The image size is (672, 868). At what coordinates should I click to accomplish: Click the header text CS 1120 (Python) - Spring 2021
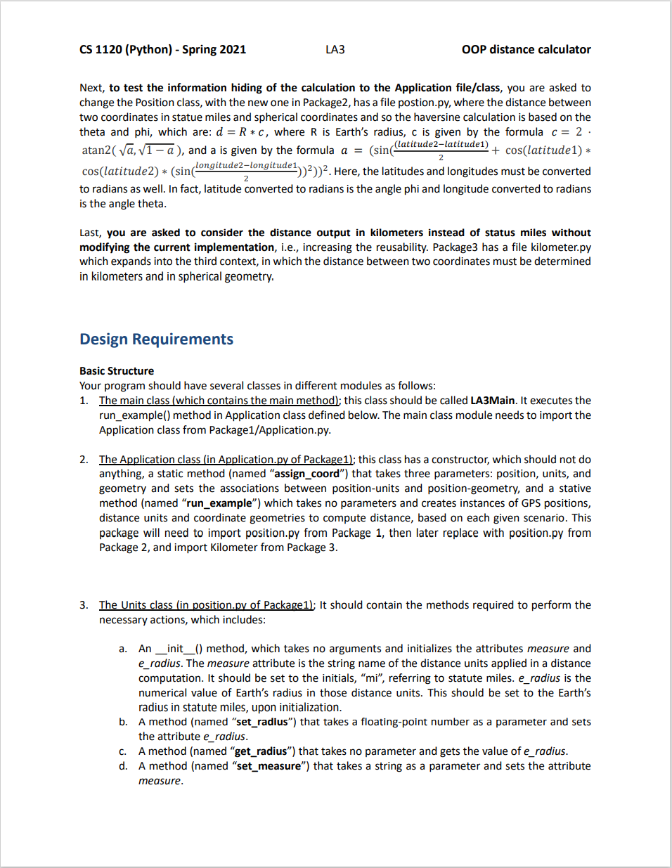click(162, 49)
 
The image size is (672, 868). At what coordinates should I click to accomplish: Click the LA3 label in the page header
click(335, 49)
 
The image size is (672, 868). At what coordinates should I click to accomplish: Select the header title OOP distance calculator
click(526, 49)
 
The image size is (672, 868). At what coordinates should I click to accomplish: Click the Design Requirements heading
click(156, 339)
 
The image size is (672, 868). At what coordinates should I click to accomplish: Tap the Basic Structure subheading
click(117, 370)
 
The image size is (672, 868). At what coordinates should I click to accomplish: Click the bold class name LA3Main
click(492, 400)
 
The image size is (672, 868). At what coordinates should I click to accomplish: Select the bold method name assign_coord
click(306, 474)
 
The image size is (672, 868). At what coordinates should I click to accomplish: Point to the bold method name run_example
click(219, 503)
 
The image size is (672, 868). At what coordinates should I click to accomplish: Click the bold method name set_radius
click(262, 722)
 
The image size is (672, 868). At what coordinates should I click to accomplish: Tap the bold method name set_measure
click(268, 765)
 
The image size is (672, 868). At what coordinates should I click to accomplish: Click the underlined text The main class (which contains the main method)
click(219, 400)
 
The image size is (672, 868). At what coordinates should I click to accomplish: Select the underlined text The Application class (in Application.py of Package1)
click(226, 459)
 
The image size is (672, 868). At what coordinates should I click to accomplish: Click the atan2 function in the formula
click(96, 150)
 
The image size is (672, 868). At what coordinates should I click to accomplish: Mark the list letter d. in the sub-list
click(123, 765)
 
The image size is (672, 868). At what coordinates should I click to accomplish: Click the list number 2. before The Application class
click(84, 459)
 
